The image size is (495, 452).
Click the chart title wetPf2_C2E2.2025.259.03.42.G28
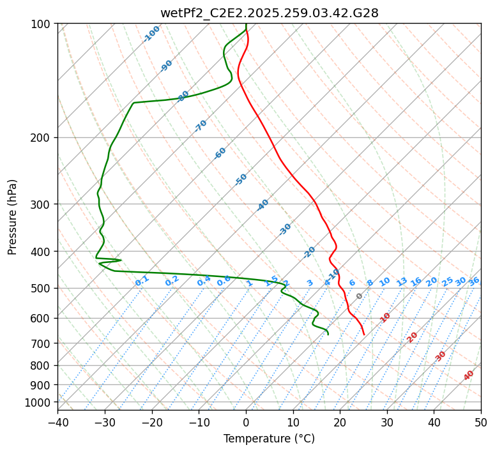click(269, 13)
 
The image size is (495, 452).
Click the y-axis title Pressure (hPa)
click(13, 216)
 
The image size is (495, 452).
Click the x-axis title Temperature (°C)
click(269, 439)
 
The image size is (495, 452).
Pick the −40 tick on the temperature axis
click(57, 422)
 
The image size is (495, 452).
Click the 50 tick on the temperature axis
click(481, 422)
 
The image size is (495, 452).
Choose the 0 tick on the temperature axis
click(246, 422)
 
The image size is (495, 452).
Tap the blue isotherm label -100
click(151, 34)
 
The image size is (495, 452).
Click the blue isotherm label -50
click(241, 179)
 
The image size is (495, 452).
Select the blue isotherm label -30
click(285, 229)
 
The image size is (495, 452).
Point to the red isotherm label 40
click(469, 375)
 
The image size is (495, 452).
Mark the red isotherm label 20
click(413, 336)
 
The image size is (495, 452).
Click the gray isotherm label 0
click(360, 296)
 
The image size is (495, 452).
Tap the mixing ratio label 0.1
click(142, 280)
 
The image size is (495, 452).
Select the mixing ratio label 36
click(474, 281)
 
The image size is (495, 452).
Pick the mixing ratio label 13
click(402, 282)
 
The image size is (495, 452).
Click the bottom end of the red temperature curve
click(364, 334)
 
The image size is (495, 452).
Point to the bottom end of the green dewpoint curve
click(328, 334)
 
